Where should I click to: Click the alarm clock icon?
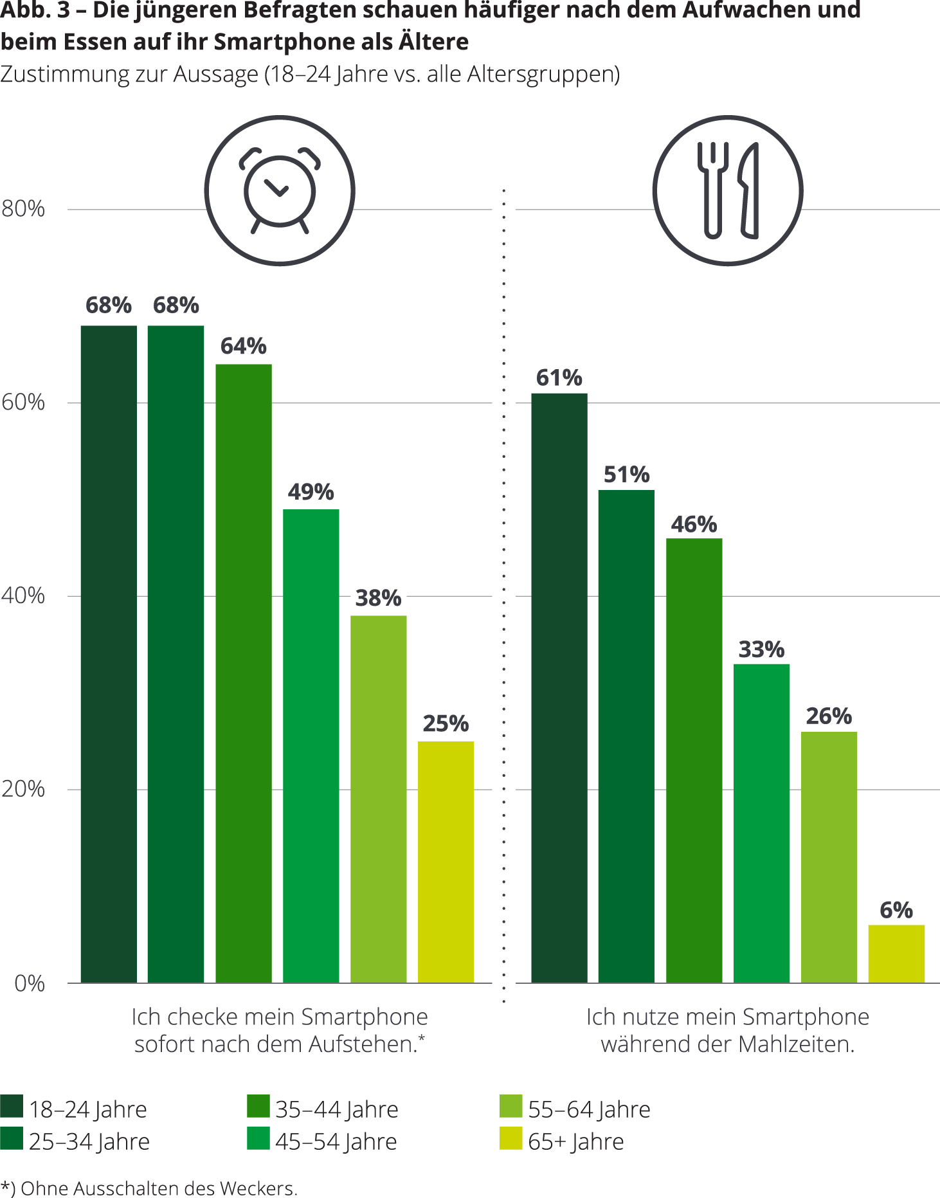click(280, 190)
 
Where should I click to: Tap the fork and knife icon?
click(728, 190)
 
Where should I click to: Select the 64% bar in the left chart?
click(243, 673)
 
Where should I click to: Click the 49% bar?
click(311, 745)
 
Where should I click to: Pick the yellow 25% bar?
click(446, 862)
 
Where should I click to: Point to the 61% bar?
click(559, 687)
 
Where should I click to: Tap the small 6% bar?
click(896, 953)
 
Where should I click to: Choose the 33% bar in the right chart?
click(761, 822)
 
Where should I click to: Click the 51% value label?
click(626, 475)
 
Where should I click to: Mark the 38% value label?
click(378, 598)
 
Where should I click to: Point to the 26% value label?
click(829, 716)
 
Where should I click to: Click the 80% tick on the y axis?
click(23, 209)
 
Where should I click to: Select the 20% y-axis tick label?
click(23, 789)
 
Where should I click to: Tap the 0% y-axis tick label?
click(30, 983)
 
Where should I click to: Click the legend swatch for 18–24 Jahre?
click(12, 1107)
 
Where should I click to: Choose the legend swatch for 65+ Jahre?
click(511, 1139)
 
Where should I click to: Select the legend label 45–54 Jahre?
click(336, 1142)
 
